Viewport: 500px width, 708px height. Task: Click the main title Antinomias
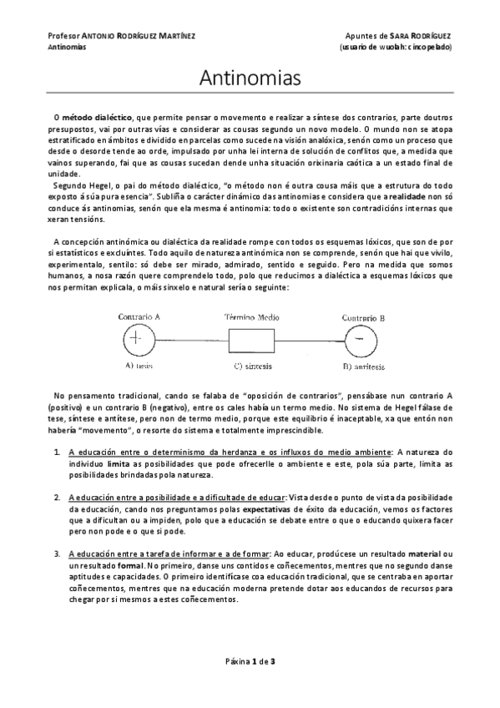250,79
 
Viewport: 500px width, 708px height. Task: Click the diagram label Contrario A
139,317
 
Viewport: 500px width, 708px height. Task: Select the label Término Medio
250,317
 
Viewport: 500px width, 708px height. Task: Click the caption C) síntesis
250,366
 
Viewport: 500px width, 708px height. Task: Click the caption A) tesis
139,366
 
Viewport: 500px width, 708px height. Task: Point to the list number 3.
57,553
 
